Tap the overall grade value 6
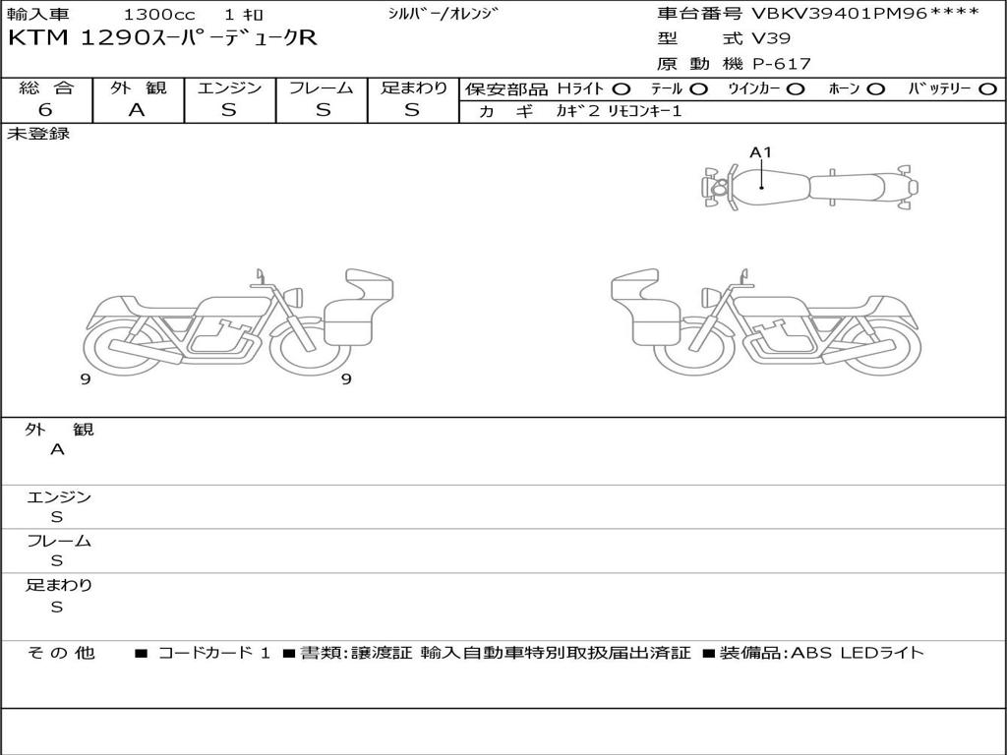coord(45,110)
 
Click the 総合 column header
coord(46,87)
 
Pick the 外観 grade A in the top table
coord(137,110)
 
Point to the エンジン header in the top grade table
coord(229,87)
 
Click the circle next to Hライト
coord(622,89)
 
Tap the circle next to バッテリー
coord(987,89)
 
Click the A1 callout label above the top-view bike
coord(760,152)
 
